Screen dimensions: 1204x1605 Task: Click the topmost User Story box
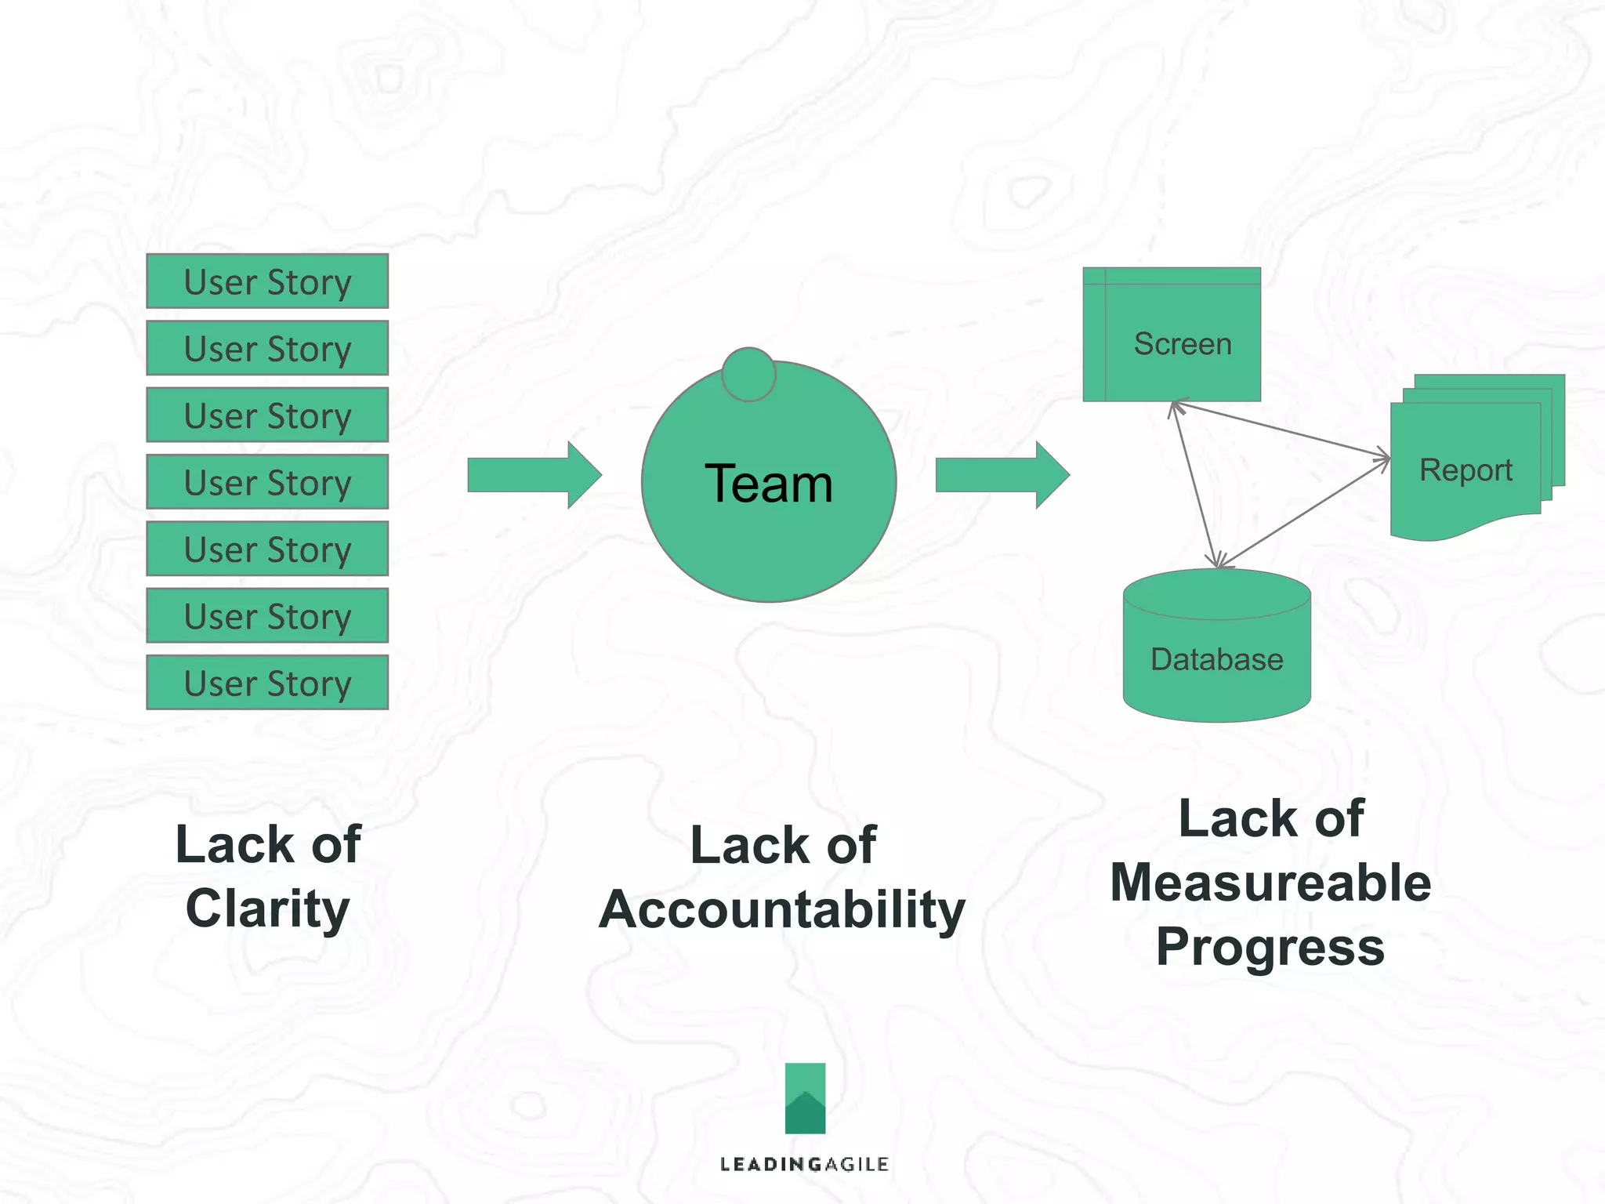coord(267,281)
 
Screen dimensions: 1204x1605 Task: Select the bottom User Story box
coord(267,683)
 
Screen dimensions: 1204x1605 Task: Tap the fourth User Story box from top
coord(267,482)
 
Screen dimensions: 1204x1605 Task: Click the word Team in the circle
coord(768,484)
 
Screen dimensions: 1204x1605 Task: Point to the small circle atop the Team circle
coord(748,375)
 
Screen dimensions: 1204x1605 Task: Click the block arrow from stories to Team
coord(533,475)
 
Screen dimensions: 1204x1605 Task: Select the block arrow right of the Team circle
coord(1001,475)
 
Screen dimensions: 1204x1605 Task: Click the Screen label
coord(1182,344)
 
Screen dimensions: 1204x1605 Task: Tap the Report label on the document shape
coord(1465,470)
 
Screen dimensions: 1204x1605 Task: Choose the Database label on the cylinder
coord(1216,659)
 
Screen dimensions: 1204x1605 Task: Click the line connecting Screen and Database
coord(1194,484)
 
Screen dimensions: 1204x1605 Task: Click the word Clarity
coord(267,909)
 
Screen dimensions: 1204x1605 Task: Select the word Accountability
coord(781,910)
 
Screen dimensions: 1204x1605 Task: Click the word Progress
coord(1270,947)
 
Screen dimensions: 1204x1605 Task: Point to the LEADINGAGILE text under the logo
coord(804,1164)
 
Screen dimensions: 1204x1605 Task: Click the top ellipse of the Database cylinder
coord(1216,594)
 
